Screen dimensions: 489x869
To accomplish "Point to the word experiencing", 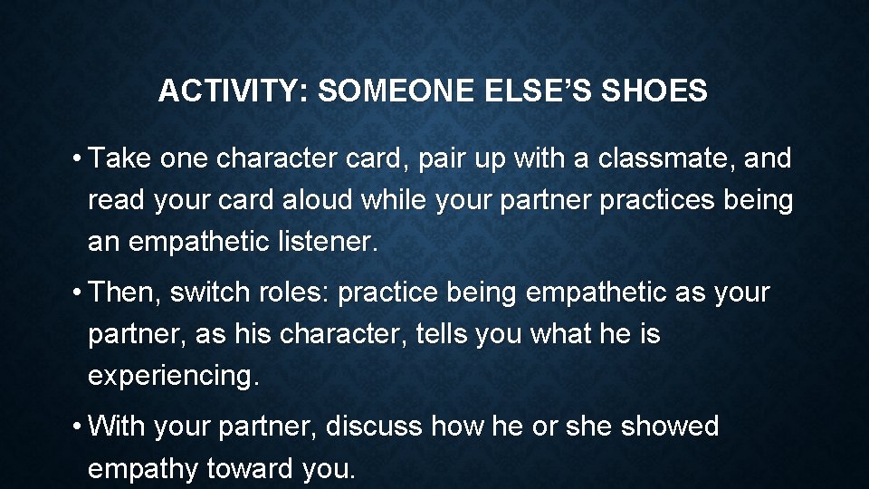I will (173, 376).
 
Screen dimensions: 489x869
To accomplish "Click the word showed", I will (669, 426).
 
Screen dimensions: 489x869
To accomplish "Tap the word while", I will (395, 200).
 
